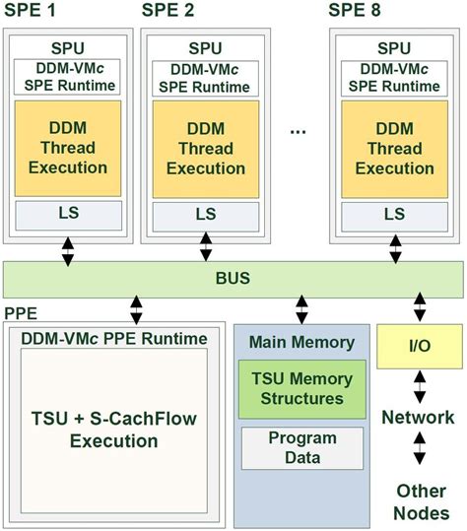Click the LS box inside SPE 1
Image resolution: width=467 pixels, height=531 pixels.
pos(67,214)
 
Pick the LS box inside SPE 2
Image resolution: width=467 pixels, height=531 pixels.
pos(205,214)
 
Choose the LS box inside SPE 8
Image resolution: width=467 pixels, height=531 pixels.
pos(394,214)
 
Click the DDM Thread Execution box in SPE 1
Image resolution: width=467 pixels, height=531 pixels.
pos(67,148)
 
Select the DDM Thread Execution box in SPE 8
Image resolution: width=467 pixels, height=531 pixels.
pos(394,148)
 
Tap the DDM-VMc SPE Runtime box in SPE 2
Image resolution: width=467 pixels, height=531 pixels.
pos(205,76)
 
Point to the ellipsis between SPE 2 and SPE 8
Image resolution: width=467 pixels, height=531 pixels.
pos(300,129)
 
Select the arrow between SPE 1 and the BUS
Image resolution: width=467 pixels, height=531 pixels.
pos(67,250)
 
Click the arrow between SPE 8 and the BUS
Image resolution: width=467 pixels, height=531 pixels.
pos(394,250)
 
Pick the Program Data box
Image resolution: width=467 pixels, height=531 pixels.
pos(301,448)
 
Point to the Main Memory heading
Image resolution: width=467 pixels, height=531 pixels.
pos(300,343)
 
